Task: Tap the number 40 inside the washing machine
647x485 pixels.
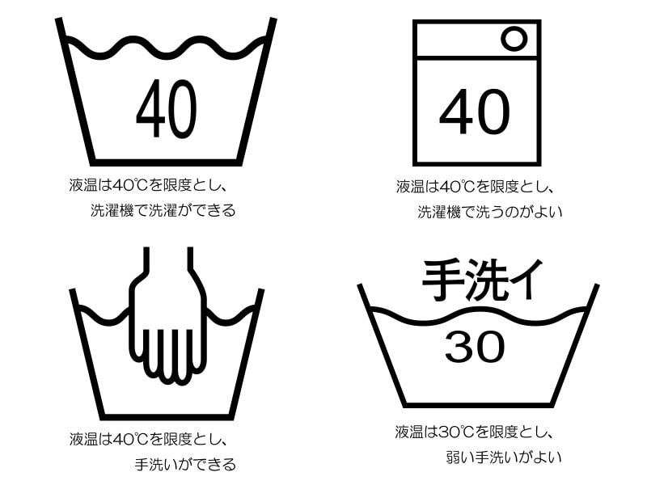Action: (x=475, y=112)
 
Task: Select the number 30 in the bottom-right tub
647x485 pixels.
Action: (x=475, y=347)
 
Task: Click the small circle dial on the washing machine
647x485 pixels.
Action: (x=513, y=38)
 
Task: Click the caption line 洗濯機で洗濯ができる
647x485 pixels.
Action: (x=163, y=211)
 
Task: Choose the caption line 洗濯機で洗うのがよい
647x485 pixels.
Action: (x=489, y=212)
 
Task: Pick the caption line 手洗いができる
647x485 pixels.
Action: (x=185, y=464)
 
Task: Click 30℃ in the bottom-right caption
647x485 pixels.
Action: (x=455, y=431)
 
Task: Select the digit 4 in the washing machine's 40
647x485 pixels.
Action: (x=455, y=112)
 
